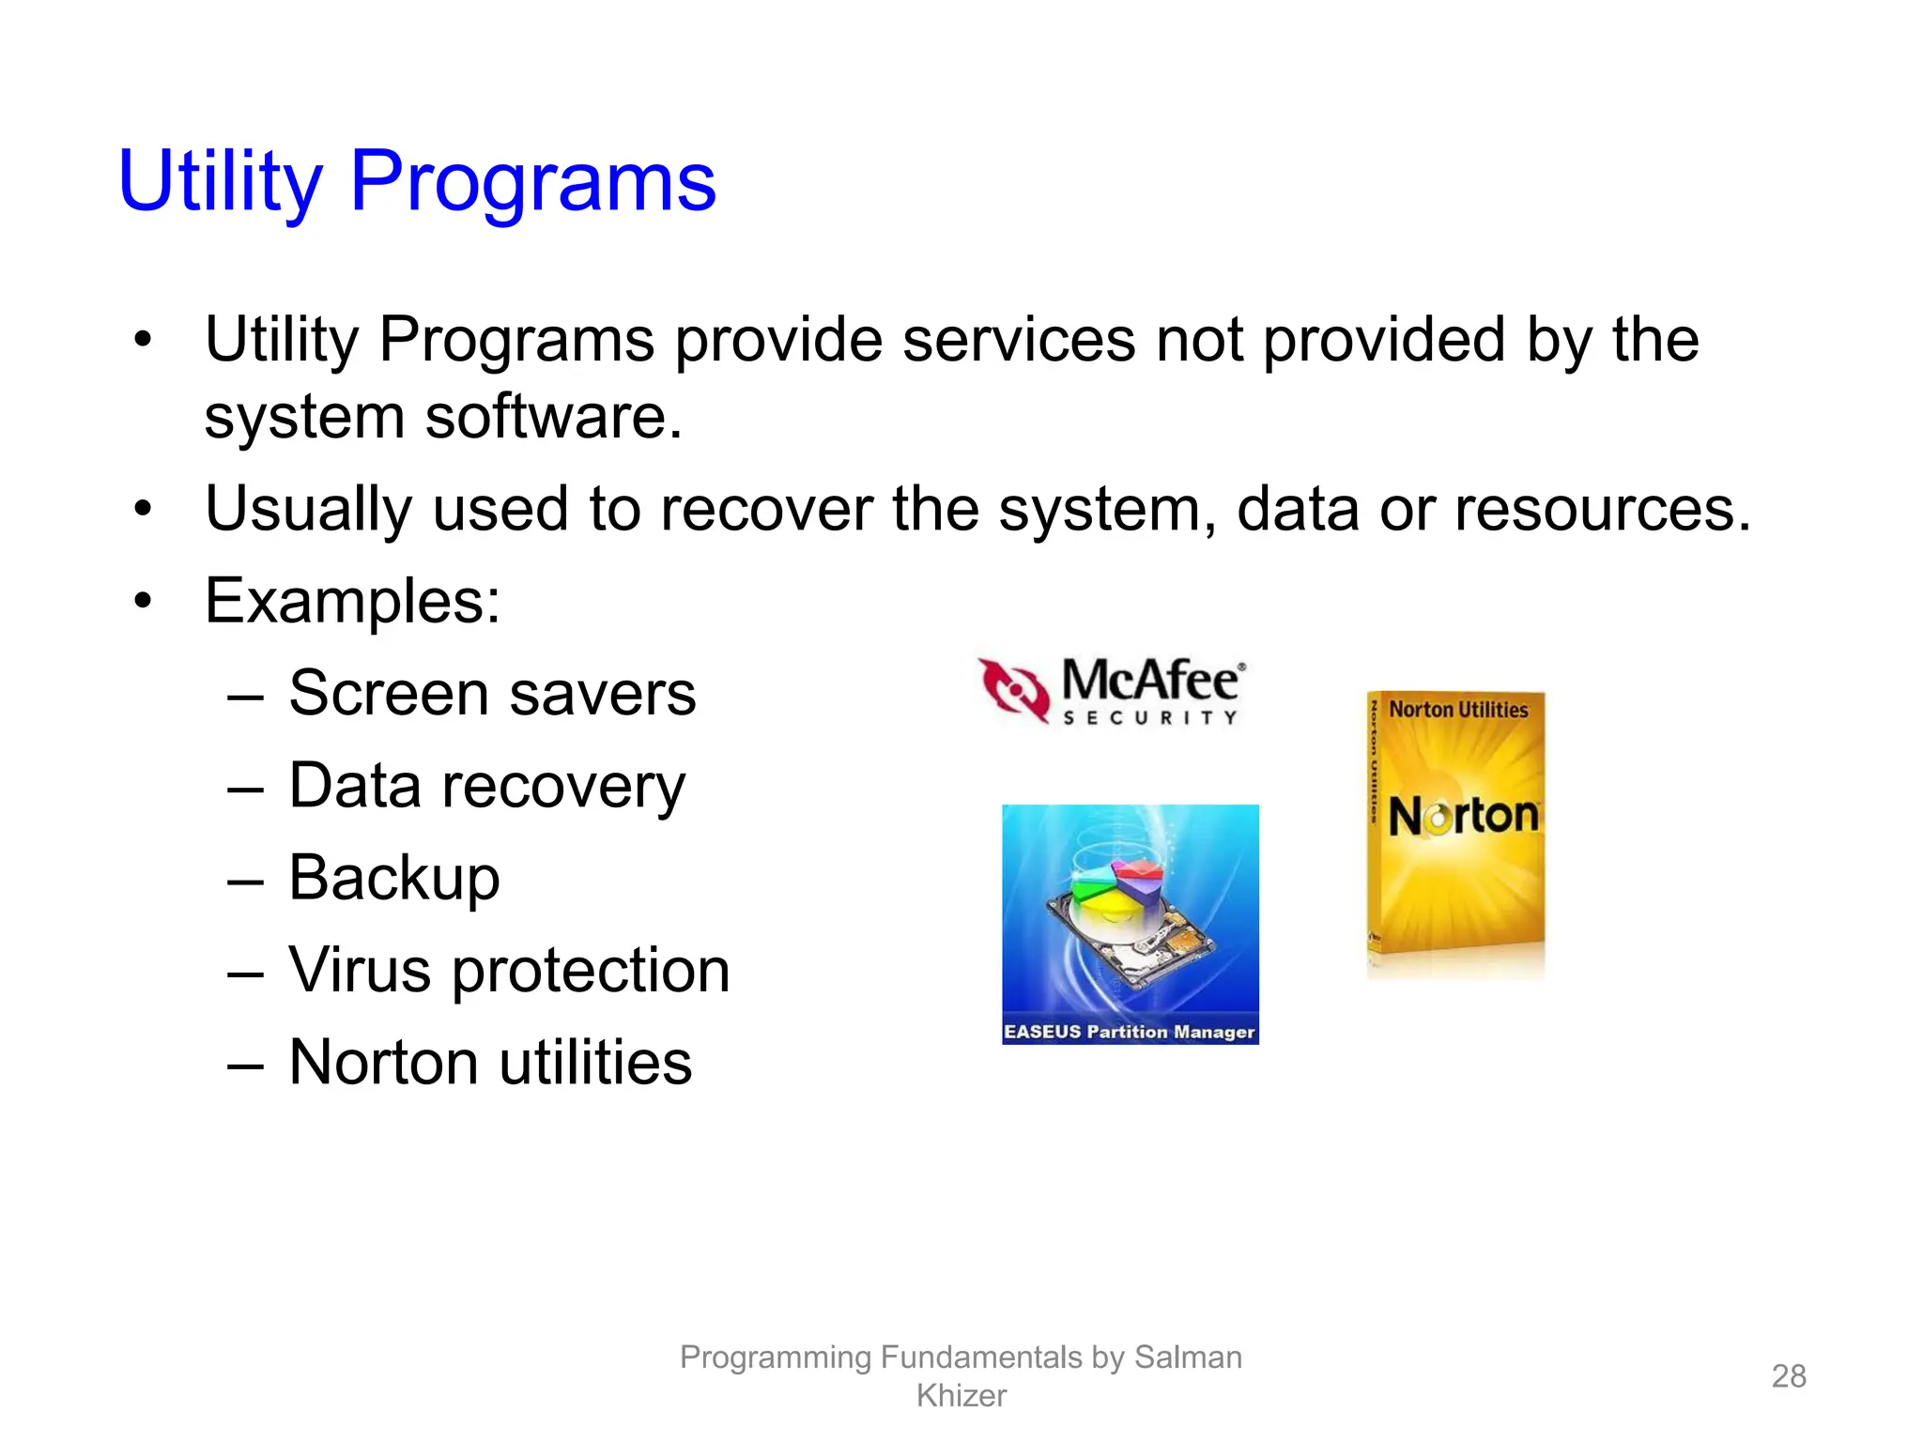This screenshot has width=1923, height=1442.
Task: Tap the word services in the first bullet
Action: (1018, 339)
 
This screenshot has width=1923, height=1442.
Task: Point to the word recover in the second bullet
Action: (765, 509)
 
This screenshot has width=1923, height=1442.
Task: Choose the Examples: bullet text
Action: (352, 601)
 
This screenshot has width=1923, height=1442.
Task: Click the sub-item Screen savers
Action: (492, 693)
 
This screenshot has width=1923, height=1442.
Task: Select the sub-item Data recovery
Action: (486, 785)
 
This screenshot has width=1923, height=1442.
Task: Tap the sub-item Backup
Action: (394, 877)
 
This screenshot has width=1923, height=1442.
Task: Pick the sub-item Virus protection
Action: (509, 969)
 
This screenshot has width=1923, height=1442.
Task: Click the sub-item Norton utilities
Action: (490, 1062)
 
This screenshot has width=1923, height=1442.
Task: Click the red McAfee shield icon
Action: (1013, 690)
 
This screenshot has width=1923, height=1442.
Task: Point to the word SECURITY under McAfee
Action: (1150, 718)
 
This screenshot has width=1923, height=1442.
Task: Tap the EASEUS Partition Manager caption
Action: (1129, 1032)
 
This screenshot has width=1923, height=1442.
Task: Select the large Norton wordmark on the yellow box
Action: (1462, 815)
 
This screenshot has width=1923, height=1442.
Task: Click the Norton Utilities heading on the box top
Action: (1457, 710)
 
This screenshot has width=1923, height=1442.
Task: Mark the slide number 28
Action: (1788, 1375)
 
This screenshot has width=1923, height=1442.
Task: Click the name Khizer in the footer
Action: (961, 1396)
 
